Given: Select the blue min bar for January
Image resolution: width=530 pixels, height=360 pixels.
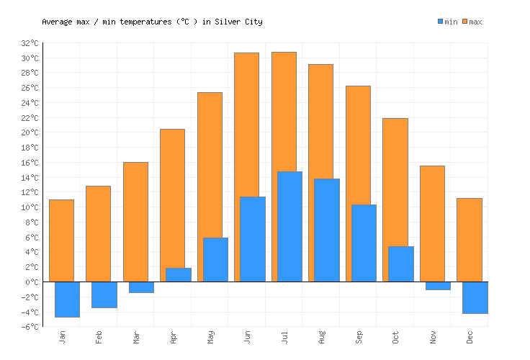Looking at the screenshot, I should pyautogui.click(x=67, y=299).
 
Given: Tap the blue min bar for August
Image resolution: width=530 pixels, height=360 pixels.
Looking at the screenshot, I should pyautogui.click(x=326, y=230).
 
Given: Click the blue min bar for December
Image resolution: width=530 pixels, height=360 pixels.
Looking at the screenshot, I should pyautogui.click(x=475, y=297).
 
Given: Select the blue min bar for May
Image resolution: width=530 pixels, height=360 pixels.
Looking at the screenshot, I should pyautogui.click(x=215, y=259).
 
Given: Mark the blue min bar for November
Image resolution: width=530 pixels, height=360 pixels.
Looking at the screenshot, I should pyautogui.click(x=438, y=286).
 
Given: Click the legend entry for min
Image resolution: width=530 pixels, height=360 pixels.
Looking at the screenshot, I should pyautogui.click(x=447, y=22).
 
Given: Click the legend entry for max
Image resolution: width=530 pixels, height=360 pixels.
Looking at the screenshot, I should pyautogui.click(x=472, y=22).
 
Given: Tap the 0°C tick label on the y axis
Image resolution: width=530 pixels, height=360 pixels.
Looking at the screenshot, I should pyautogui.click(x=32, y=282).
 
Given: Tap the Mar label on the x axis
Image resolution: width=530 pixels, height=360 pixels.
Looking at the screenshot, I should pyautogui.click(x=136, y=337).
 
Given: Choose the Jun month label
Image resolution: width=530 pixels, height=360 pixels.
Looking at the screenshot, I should pyautogui.click(x=247, y=337).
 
